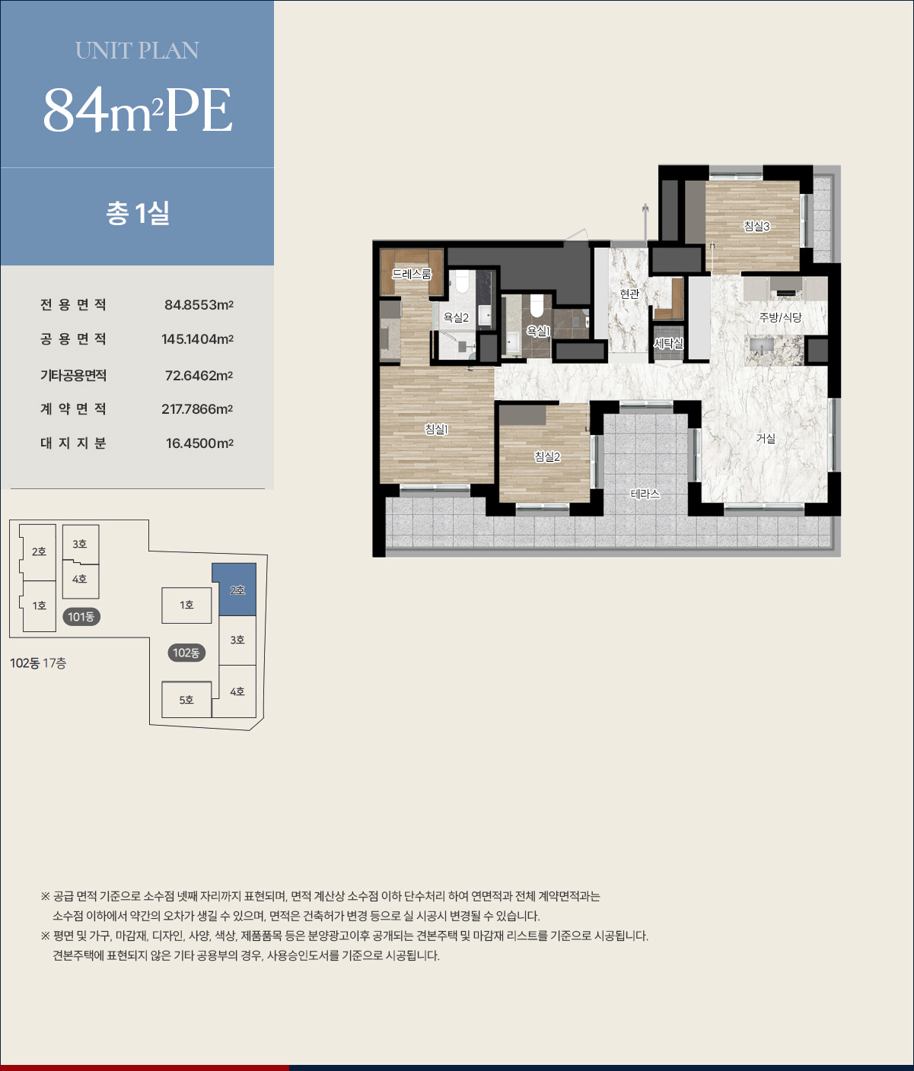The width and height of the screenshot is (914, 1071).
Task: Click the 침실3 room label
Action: [x=756, y=226]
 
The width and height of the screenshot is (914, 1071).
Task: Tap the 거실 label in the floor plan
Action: [x=765, y=438]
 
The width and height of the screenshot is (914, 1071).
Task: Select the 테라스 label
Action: [x=645, y=494]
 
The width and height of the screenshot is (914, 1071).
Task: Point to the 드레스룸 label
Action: [x=411, y=274]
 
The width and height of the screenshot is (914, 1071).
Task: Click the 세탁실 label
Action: [x=668, y=343]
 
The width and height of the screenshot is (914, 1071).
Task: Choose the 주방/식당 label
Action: [x=780, y=317]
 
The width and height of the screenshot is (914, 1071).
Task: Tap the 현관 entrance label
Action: [x=629, y=294]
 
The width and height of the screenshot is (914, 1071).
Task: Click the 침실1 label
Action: [x=436, y=429]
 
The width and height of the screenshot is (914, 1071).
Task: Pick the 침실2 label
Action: [x=547, y=456]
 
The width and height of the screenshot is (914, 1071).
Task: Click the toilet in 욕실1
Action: [x=537, y=306]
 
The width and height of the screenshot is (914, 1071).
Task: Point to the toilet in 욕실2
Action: [x=462, y=281]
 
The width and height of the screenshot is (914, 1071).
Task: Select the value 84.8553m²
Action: [x=199, y=305]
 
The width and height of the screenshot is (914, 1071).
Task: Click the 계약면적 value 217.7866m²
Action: [x=197, y=408]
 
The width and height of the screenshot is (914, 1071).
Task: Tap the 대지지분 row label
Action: [x=73, y=443]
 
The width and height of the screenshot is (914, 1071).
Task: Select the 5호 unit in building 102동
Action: [x=186, y=700]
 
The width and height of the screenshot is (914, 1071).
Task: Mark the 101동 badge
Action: [x=81, y=617]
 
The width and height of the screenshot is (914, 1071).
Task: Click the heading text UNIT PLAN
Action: [x=137, y=51]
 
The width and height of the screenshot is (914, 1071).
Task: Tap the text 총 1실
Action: [x=138, y=213]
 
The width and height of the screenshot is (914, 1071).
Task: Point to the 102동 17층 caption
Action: [x=38, y=663]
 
